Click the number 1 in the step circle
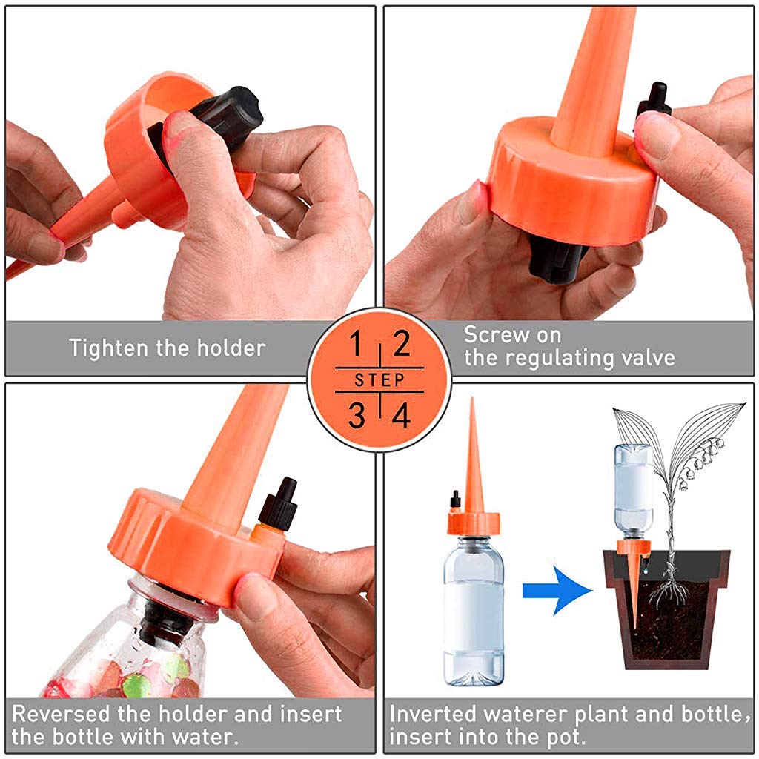pyautogui.click(x=357, y=345)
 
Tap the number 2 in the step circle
pyautogui.click(x=401, y=345)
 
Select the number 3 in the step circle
pyautogui.click(x=357, y=416)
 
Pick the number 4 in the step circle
pyautogui.click(x=401, y=416)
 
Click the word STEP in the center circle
pyautogui.click(x=379, y=380)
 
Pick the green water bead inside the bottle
pyautogui.click(x=135, y=685)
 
